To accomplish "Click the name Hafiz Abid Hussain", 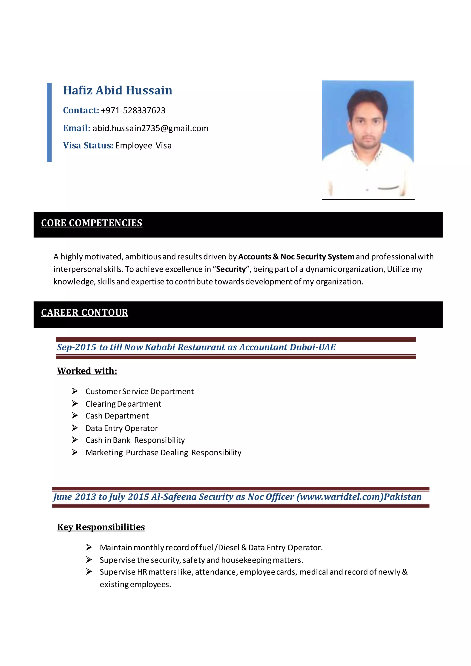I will pos(118,91).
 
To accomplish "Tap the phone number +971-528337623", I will pos(133,111).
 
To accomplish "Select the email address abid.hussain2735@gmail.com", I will pos(150,128).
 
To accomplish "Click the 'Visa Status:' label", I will pos(88,145).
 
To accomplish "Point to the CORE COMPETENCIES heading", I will pos(92,223).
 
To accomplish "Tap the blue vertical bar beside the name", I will pos(49,122).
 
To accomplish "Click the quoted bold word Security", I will pos(231,269).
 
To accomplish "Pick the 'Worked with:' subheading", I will pos(87,371).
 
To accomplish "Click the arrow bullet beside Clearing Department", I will pos(75,404).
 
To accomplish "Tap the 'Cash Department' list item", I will pos(117,416).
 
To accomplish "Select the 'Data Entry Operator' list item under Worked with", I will pos(121,428).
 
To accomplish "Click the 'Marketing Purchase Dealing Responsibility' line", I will pos(163,453).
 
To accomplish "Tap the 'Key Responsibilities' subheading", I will pos(101,527).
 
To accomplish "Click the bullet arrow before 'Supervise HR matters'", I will pos(89,571).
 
